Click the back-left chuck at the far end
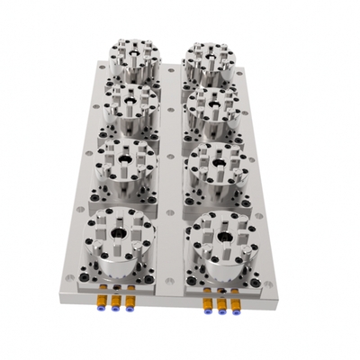pyautogui.click(x=133, y=56)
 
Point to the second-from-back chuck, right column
pyautogui.click(x=210, y=105)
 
